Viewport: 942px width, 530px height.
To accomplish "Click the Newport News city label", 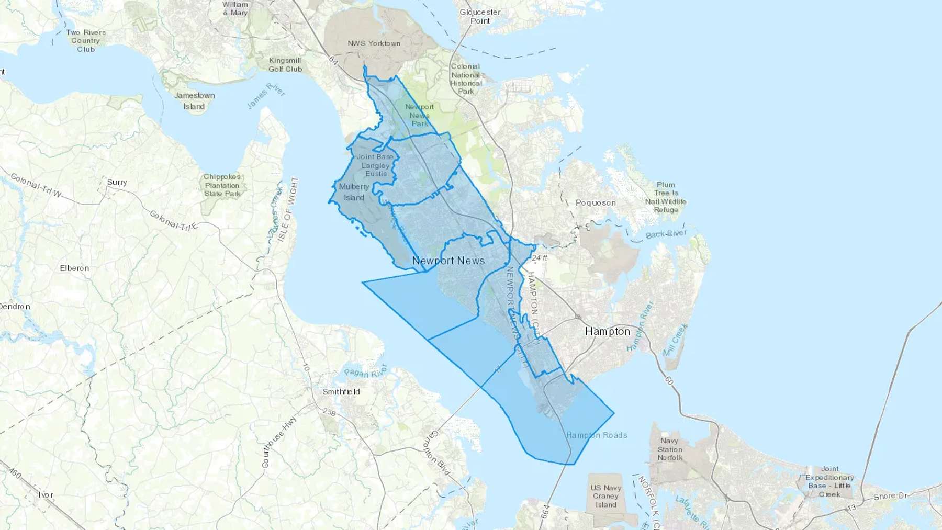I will click(x=448, y=261).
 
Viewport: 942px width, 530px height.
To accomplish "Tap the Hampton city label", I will click(x=607, y=331).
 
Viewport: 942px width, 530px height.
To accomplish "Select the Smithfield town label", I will click(x=341, y=391).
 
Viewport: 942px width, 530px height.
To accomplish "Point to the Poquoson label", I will click(x=596, y=203).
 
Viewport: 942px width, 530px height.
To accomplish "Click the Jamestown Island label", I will click(x=194, y=101).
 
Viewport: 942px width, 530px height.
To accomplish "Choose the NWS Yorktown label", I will click(x=374, y=43).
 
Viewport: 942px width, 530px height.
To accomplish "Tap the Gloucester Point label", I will click(x=480, y=17).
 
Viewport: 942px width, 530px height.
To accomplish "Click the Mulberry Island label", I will click(x=354, y=192).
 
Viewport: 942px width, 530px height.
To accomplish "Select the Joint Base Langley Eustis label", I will click(x=375, y=165).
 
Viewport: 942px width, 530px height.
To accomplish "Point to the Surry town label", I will click(x=117, y=182).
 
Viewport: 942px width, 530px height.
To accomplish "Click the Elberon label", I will click(x=74, y=268).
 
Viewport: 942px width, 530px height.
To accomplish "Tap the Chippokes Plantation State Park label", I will click(x=222, y=185).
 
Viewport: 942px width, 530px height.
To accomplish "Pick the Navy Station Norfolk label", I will click(x=670, y=449).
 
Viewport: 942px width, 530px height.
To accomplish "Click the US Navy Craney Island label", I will click(x=605, y=496).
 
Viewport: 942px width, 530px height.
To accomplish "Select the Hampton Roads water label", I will click(x=596, y=435).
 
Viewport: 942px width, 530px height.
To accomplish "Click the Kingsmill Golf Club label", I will click(x=285, y=64).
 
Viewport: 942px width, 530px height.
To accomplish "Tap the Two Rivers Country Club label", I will click(x=86, y=41).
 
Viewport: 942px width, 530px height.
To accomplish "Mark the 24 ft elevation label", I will click(x=540, y=258).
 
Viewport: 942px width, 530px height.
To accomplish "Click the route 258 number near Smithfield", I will click(x=329, y=412).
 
